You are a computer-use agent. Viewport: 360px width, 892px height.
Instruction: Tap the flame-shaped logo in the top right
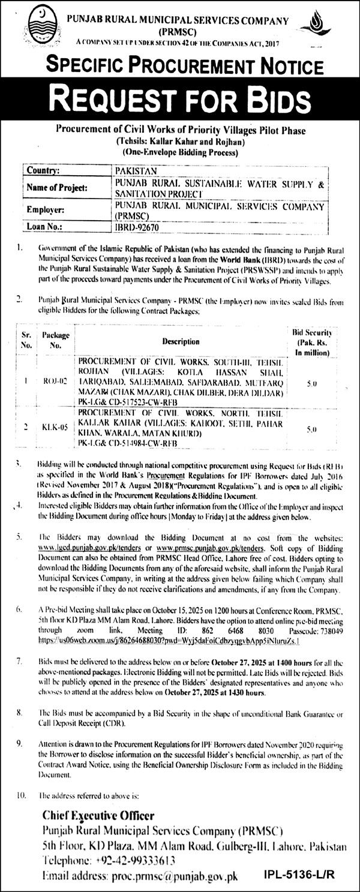pos(332,26)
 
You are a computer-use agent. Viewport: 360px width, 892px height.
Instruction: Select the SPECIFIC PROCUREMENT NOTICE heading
pos(179,65)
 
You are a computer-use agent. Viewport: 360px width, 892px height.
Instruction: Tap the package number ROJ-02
pos(52,380)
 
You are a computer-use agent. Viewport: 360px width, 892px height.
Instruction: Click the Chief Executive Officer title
pos(98,815)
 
